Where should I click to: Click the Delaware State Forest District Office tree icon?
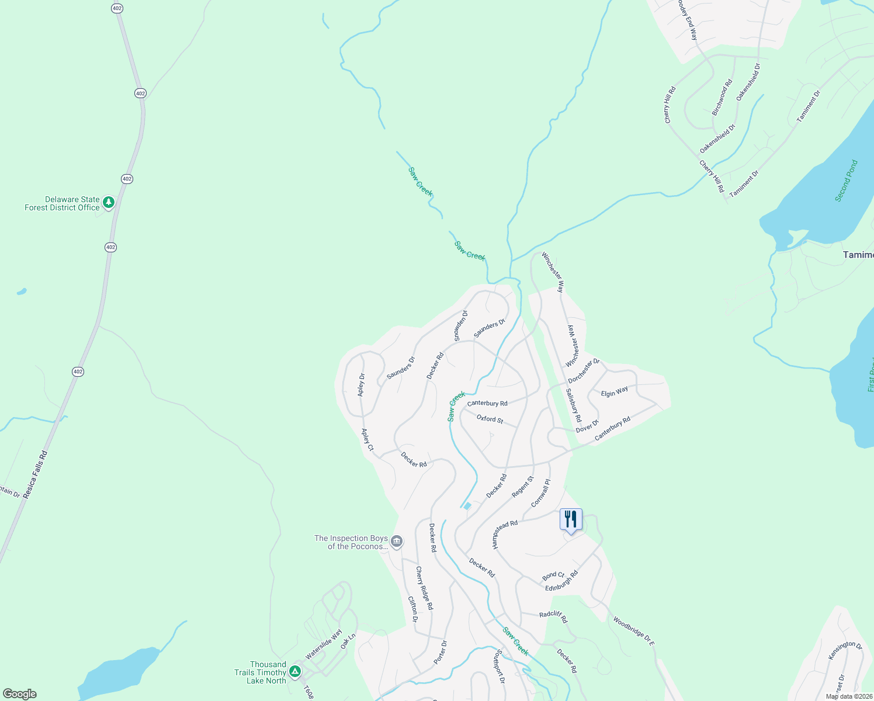pos(108,203)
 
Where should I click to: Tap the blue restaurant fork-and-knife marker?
pos(571,519)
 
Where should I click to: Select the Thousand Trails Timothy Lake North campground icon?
pos(296,672)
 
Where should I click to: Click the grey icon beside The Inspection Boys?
pos(397,542)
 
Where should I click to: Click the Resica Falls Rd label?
pos(35,474)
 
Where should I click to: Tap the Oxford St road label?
pos(490,419)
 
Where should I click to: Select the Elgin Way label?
pos(614,391)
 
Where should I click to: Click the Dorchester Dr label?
pos(584,371)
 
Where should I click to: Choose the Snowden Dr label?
pos(461,325)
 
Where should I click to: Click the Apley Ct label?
pos(367,440)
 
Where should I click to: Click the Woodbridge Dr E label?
pos(634,630)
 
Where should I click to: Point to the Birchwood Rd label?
pos(722,98)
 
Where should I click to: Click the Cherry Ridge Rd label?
pos(424,588)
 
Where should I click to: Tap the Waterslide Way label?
pos(324,644)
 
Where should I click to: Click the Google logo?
pos(20,694)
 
